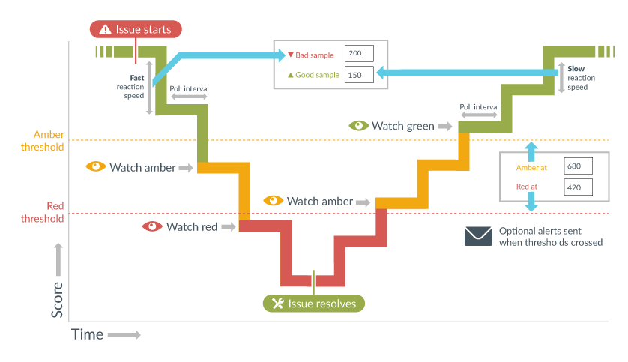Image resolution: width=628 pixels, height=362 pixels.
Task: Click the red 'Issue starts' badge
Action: tap(136, 30)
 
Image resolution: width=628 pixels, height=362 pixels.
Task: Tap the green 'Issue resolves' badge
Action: tap(314, 304)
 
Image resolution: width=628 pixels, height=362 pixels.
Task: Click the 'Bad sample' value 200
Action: tap(355, 54)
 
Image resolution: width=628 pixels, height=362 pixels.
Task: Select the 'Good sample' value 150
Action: tap(355, 75)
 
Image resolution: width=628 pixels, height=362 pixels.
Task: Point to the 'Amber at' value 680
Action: tap(574, 166)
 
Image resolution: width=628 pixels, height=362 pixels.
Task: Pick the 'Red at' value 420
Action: tap(574, 187)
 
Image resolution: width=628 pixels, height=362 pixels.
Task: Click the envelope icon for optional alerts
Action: tap(477, 236)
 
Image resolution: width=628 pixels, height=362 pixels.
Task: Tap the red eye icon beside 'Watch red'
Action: tap(153, 226)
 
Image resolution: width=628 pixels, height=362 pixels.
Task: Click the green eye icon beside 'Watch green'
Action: tap(359, 126)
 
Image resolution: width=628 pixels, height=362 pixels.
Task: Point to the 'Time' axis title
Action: tap(87, 334)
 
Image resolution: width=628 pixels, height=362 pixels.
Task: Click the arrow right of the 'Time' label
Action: tap(124, 335)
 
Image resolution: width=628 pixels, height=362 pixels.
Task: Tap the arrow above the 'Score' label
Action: tap(58, 257)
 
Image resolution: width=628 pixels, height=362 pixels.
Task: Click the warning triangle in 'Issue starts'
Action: tap(103, 30)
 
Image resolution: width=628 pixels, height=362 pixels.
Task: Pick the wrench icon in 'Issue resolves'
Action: tap(277, 304)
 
